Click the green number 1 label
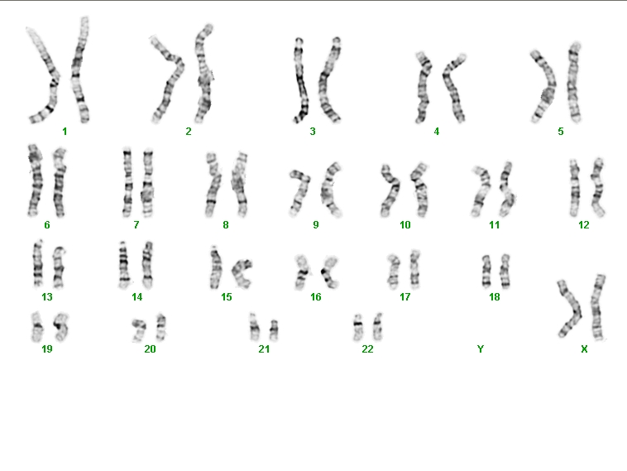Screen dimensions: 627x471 click(65, 132)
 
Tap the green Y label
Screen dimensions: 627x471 click(481, 349)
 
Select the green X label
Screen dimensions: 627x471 click(584, 349)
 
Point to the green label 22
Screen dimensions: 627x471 click(367, 349)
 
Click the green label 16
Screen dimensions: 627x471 click(315, 297)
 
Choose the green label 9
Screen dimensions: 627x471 click(316, 225)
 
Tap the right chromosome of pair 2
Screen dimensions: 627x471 click(204, 74)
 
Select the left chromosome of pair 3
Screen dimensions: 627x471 click(301, 80)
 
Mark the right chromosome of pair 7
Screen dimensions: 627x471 click(147, 183)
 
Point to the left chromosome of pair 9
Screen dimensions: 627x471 click(300, 191)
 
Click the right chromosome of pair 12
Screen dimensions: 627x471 click(598, 187)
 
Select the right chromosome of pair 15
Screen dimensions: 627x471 click(242, 273)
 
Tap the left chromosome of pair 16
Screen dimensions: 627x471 click(302, 272)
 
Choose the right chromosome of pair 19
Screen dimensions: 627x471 click(61, 326)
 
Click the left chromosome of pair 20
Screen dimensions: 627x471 click(140, 329)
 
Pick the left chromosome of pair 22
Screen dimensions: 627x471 click(358, 328)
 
